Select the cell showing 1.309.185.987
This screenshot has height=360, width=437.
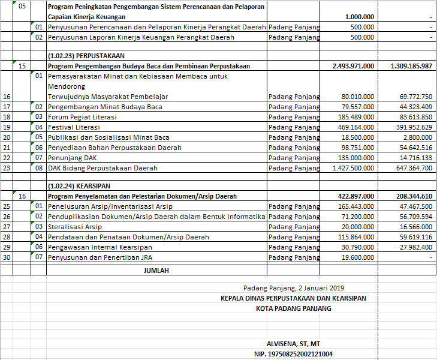[x=411, y=66]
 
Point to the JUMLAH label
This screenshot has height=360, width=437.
[x=156, y=271]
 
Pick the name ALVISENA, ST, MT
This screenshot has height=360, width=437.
[x=293, y=344]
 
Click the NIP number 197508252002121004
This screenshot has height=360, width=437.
[x=293, y=354]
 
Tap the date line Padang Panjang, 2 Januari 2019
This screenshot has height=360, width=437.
[x=294, y=288]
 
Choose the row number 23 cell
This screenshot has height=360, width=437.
[x=7, y=168]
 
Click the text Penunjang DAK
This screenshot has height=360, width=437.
[x=73, y=158]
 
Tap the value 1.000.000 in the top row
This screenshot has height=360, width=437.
[x=360, y=17]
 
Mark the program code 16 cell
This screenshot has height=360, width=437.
[x=22, y=196]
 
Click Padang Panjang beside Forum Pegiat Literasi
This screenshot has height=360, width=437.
[x=294, y=117]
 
